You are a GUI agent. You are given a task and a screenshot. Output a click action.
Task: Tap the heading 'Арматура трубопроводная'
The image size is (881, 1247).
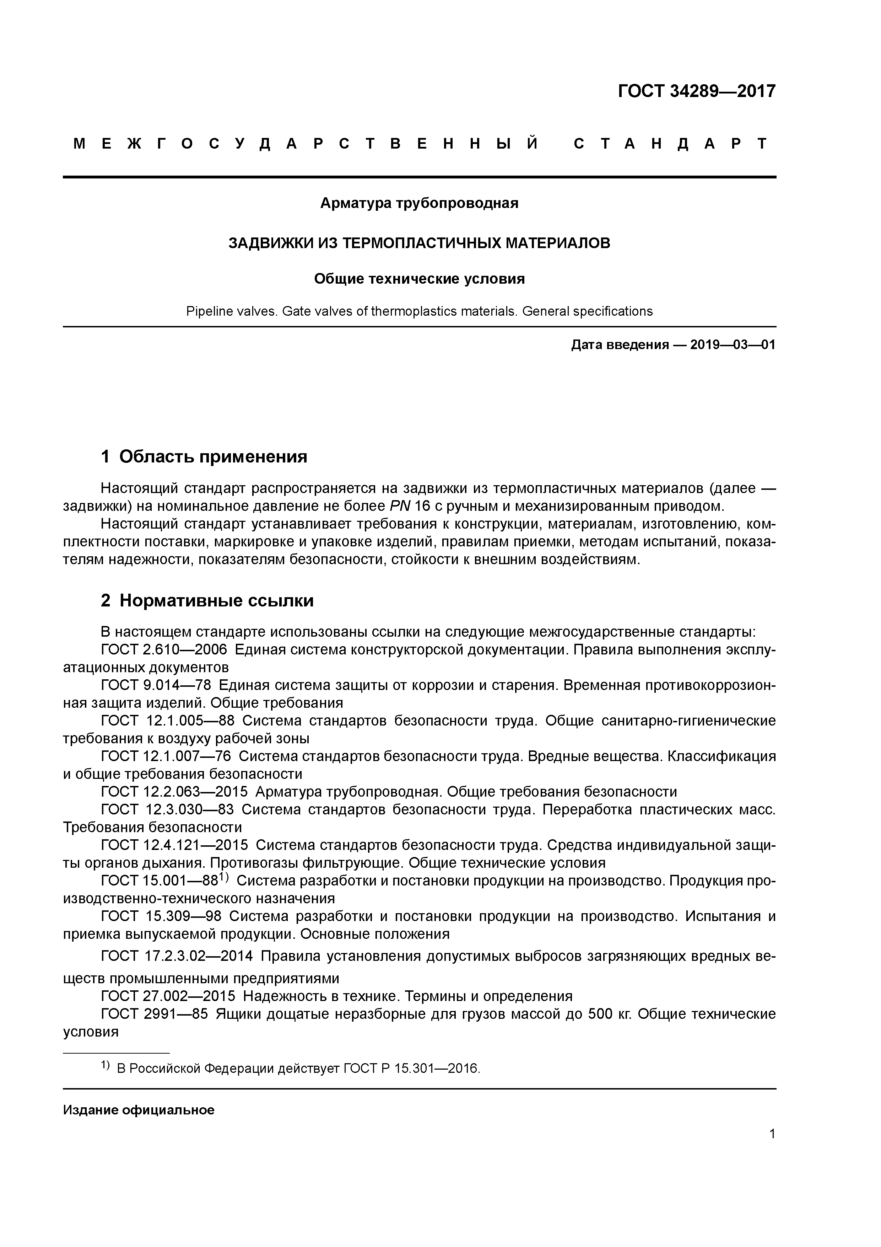point(419,203)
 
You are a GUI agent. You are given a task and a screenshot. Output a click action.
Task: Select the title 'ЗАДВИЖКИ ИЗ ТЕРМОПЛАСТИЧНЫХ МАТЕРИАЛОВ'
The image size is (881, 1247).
point(419,243)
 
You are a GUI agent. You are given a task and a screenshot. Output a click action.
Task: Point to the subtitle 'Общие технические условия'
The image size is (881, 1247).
point(419,279)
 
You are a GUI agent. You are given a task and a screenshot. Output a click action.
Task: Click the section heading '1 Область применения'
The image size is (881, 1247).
point(204,457)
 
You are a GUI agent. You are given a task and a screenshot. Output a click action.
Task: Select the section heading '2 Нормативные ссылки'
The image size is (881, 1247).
point(207,601)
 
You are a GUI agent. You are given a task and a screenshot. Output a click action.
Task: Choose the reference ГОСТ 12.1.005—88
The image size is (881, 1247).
point(168,721)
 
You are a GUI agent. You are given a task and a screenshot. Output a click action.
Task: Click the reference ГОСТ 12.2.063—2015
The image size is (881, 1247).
point(174,792)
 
